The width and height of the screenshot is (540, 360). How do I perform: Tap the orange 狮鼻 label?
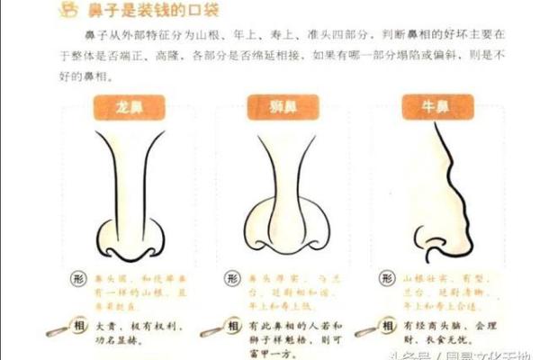(x=273, y=105)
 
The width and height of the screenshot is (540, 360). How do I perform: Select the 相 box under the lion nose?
(x=233, y=323)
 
